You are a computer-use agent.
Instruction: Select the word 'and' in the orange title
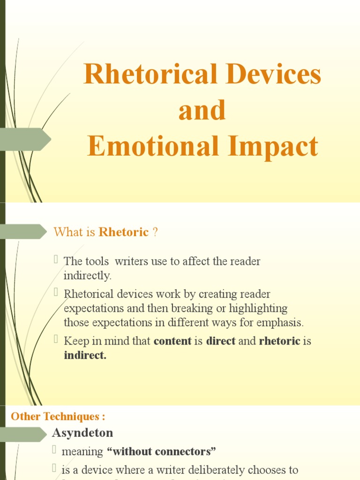coord(202,111)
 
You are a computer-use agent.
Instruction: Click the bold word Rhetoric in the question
coord(124,232)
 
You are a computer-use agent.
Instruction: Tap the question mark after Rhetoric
coord(155,232)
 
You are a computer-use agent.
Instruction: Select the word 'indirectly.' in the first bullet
coord(88,276)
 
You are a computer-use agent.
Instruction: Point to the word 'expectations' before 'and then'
coord(93,308)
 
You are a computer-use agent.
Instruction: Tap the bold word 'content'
coord(172,341)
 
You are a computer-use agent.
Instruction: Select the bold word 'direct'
coord(221,341)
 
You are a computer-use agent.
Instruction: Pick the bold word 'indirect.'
coord(85,356)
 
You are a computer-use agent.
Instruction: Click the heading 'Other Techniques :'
coord(58,416)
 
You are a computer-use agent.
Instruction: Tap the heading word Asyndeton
coord(82,432)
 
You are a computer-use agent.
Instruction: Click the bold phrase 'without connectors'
coord(162,452)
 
